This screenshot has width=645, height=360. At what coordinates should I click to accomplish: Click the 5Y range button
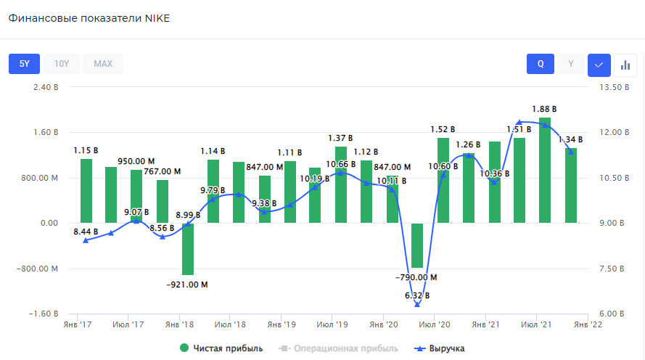coord(24,64)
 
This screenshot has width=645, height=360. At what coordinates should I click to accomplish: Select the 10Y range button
coord(62,64)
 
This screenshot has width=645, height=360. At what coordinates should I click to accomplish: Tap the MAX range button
coord(103,64)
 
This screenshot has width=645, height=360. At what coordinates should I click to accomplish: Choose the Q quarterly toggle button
coord(541,64)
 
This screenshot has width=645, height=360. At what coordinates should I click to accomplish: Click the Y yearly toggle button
coord(571,64)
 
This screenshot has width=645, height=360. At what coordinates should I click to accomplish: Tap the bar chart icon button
coord(625,65)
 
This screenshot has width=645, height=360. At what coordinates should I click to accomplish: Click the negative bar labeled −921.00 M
coord(187,249)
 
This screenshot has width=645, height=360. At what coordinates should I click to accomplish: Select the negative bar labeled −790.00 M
coord(417,245)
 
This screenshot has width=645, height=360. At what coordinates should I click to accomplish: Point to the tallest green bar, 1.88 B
coord(545,170)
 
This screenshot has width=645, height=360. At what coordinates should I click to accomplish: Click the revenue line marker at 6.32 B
coord(417,304)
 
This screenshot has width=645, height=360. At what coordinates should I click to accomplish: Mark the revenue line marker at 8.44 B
coord(86,240)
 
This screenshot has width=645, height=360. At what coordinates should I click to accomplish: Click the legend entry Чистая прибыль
coord(222,348)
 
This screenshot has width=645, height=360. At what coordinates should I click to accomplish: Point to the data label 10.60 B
coord(443,166)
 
